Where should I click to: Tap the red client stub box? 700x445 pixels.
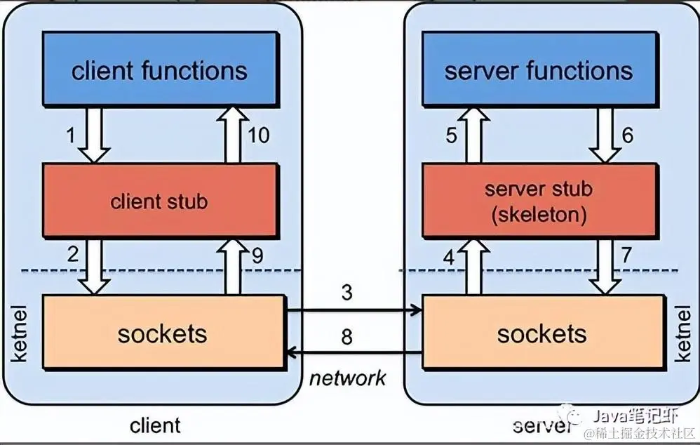point(161,200)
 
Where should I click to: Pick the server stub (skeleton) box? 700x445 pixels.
point(540,200)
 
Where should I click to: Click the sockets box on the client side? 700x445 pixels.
point(164,332)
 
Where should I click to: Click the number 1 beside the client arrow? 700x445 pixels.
point(71,135)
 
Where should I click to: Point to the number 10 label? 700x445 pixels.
point(259,135)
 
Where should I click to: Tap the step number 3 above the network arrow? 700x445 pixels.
point(347,293)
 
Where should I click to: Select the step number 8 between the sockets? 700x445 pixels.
point(347,336)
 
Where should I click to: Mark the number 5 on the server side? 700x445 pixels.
point(451,135)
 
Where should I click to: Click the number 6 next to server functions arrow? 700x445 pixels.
point(627,135)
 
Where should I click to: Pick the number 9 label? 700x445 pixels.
point(257,255)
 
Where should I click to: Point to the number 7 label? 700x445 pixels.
point(626,255)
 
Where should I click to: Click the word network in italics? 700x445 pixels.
point(347,378)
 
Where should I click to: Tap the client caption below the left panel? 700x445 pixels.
point(155,425)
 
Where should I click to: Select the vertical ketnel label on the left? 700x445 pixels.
point(18,333)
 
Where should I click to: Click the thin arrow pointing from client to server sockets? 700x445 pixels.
point(354,310)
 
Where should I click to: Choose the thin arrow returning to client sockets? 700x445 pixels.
point(354,353)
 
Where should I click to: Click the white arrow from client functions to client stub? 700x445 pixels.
point(94,135)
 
